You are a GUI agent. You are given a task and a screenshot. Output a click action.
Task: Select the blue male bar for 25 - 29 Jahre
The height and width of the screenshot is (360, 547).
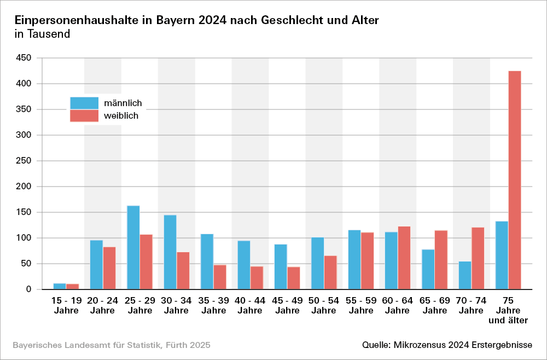point(133,247)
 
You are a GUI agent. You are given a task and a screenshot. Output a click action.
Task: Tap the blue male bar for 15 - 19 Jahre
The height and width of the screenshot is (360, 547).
point(60,286)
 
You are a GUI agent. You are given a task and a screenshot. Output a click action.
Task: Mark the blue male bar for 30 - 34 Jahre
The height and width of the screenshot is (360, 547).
point(170,252)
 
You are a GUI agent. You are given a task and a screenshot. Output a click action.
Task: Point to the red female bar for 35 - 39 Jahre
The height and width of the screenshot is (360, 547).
point(220,277)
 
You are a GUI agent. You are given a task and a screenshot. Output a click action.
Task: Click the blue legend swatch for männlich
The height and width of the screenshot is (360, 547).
point(84,103)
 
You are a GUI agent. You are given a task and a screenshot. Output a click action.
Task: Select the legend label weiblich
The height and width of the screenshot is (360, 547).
point(121,116)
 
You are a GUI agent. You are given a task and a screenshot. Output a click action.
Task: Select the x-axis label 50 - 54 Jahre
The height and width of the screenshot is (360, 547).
point(324,306)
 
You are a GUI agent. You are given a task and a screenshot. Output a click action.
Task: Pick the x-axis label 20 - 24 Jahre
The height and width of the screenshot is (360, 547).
point(102,306)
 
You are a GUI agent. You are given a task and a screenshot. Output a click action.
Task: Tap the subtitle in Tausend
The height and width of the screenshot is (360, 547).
point(42,34)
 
